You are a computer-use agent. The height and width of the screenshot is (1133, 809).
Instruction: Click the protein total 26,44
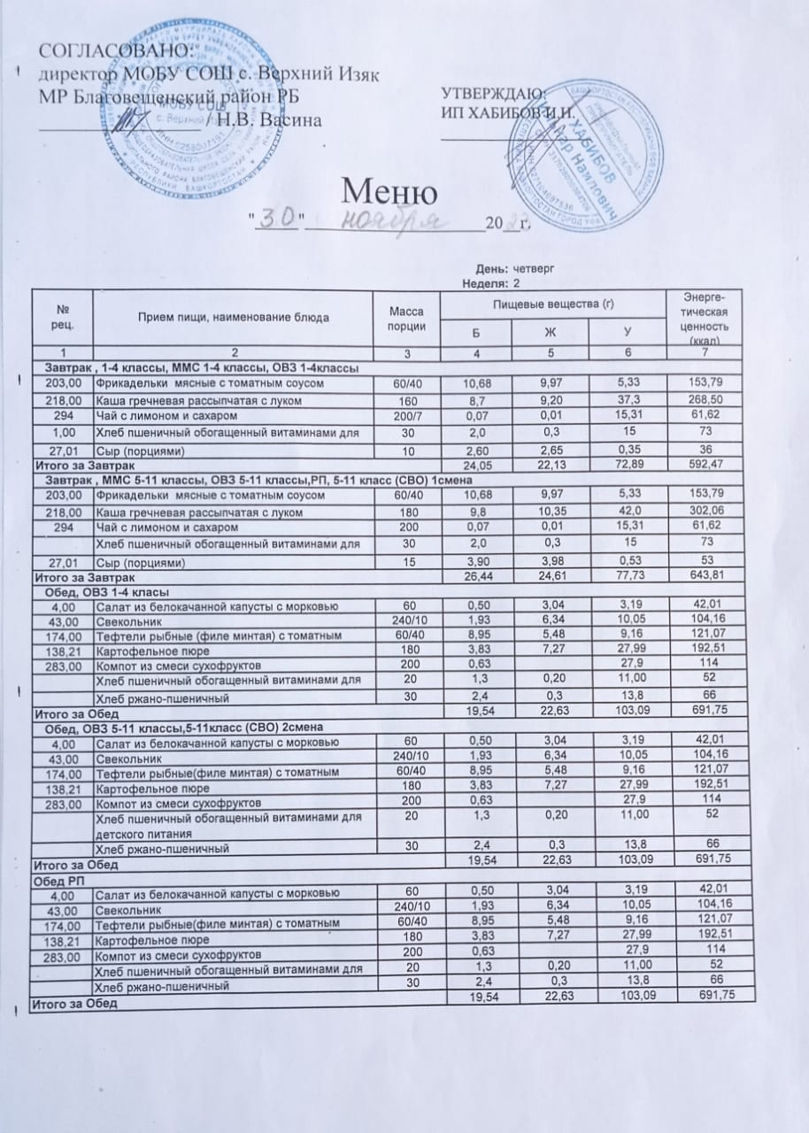[478, 578]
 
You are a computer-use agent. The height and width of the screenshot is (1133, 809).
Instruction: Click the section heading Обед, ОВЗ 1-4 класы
[101, 591]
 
